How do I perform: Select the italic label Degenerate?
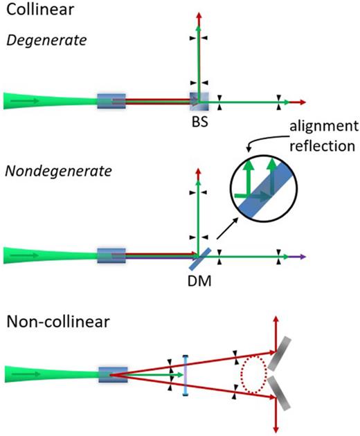pos(43,39)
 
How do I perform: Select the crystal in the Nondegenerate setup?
pos(111,256)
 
